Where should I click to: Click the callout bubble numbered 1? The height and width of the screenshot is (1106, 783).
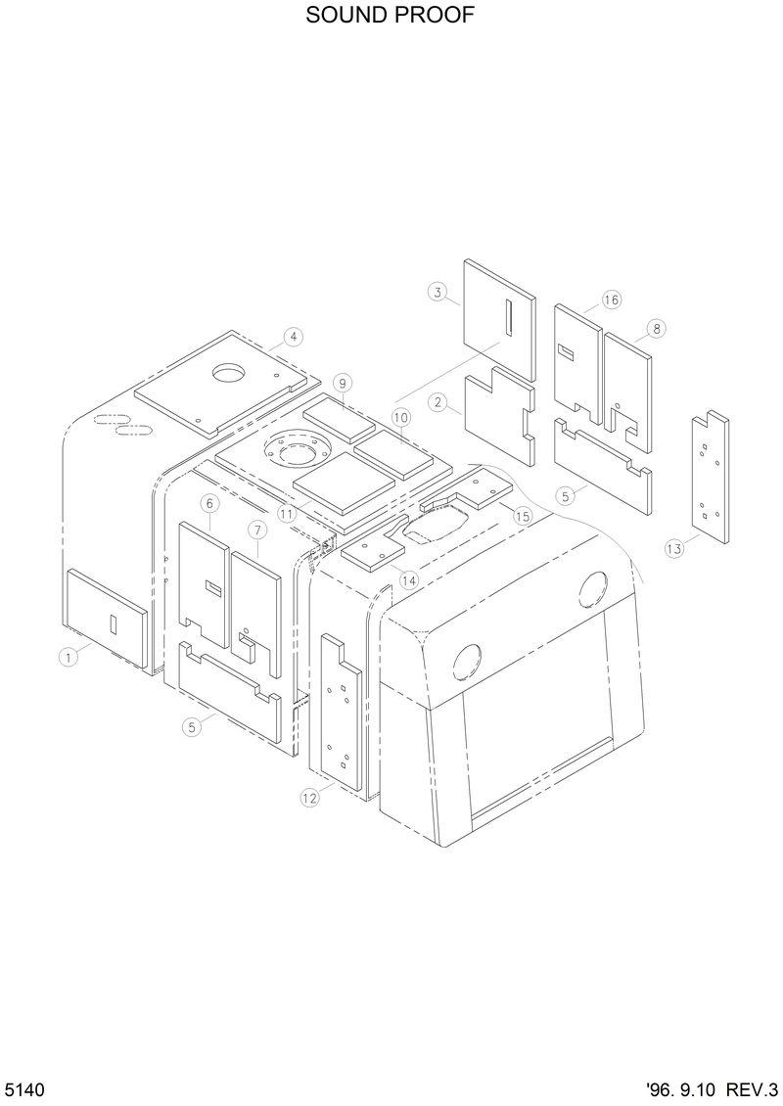[68, 658]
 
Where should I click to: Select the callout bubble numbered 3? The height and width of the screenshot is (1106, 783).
[438, 292]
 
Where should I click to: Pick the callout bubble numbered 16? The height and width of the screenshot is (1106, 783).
[611, 300]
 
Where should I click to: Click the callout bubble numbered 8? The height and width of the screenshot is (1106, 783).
[655, 329]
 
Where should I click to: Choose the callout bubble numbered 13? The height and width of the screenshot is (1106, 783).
[674, 549]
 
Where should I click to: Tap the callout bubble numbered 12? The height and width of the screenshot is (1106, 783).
[309, 799]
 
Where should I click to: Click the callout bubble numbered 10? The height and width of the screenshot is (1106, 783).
[401, 417]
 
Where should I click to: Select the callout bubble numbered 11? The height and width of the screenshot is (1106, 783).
[286, 512]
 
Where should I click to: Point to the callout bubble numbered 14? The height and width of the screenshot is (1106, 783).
[409, 580]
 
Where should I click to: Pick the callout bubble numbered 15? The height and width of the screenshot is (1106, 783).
[522, 515]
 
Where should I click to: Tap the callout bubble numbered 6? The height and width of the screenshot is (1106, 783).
[208, 503]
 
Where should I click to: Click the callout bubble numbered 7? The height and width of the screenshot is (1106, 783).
[256, 530]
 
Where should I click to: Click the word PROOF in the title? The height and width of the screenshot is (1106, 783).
[432, 17]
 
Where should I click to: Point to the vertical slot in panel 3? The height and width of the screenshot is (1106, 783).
[509, 319]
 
